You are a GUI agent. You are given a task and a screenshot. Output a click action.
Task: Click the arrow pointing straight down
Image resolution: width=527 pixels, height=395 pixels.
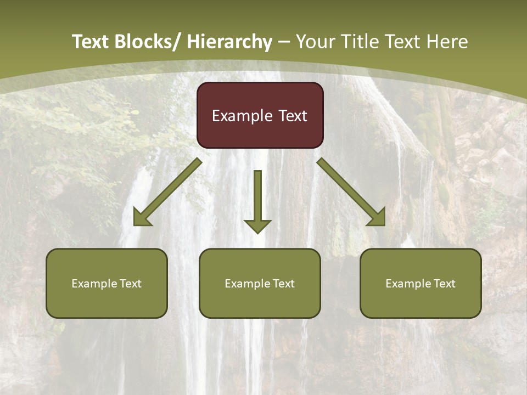coord(257,200)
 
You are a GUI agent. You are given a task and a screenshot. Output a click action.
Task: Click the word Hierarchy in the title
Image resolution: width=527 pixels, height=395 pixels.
coord(229,42)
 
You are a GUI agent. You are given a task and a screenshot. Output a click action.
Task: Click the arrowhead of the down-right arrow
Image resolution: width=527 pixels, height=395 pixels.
coord(377,217)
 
